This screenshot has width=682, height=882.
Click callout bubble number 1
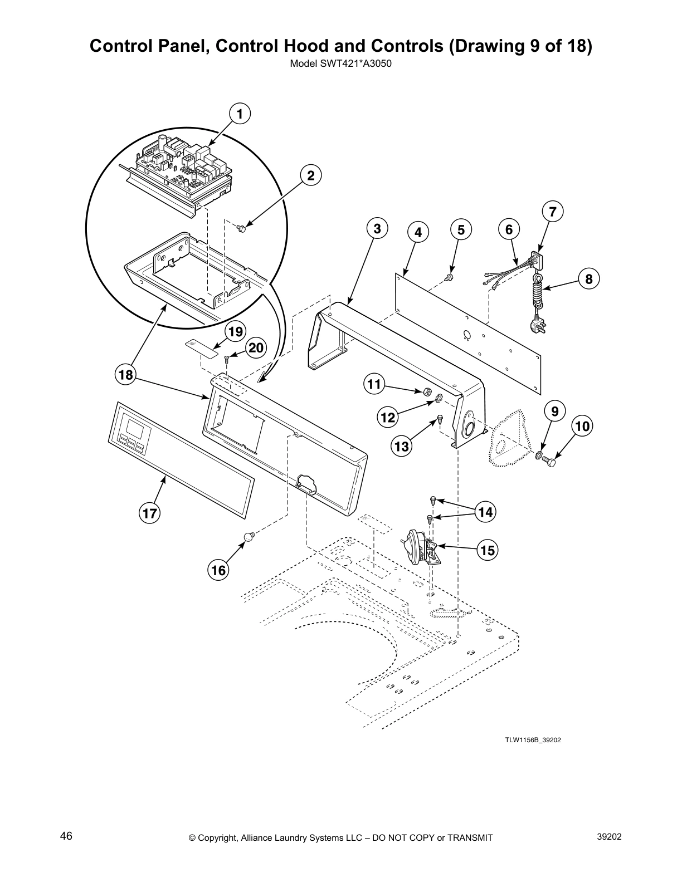pos(240,115)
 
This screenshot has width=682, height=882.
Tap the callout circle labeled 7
pos(552,212)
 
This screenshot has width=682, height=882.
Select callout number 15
pos(487,551)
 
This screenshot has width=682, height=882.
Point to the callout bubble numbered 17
pos(150,513)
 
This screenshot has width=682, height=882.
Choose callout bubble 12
pos(388,417)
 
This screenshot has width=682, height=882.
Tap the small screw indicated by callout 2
pos(242,227)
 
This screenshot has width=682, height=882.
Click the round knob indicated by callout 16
pos(249,537)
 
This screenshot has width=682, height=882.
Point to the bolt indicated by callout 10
pos(552,462)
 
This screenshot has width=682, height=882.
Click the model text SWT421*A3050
pos(341,63)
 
